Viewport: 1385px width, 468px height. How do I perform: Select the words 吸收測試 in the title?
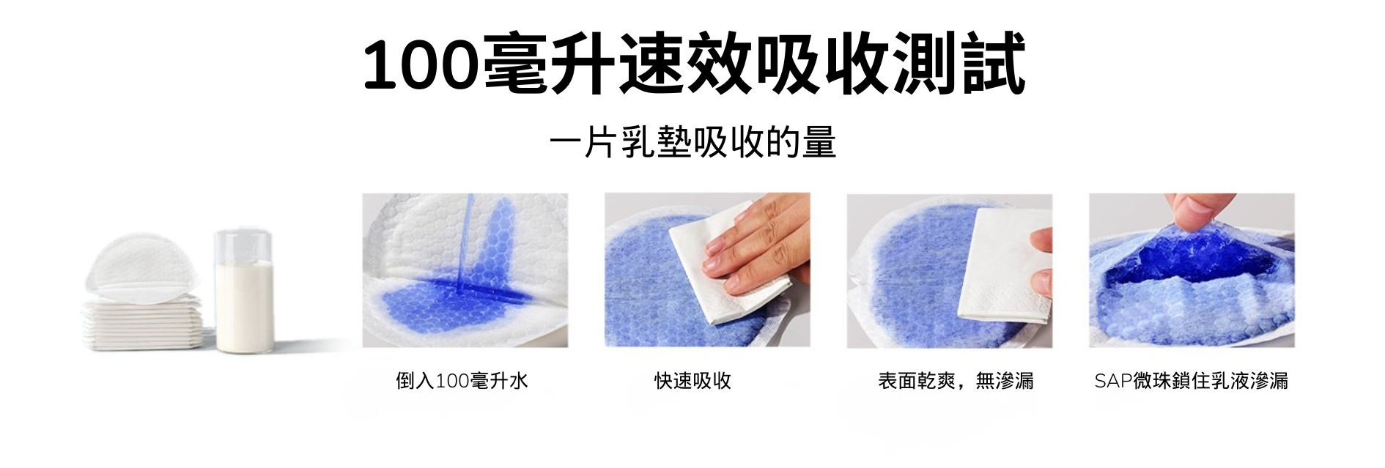coord(890,64)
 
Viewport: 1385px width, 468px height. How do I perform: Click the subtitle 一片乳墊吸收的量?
coord(692,142)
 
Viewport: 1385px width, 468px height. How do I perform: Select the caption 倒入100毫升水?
coord(462,381)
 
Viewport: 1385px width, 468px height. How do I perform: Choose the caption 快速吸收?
coord(692,381)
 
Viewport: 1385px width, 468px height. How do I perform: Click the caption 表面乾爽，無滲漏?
coord(956,381)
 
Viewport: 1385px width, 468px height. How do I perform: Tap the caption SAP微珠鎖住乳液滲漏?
coord(1191,381)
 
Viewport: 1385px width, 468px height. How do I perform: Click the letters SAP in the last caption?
coord(1113,381)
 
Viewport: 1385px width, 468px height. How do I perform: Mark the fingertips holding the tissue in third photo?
coord(1041,260)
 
